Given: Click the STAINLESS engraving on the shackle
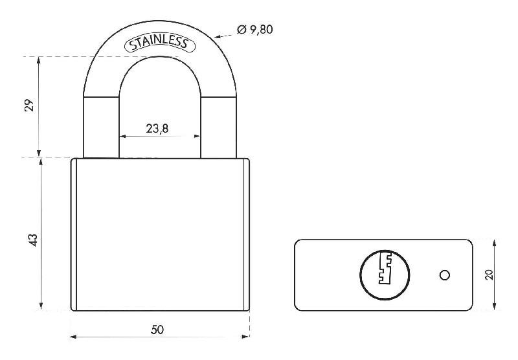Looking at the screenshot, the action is (x=160, y=43).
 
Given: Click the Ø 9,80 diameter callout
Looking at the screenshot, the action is (x=255, y=29).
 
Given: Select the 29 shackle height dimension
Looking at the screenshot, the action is (x=30, y=105).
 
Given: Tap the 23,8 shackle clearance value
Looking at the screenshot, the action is (x=157, y=128).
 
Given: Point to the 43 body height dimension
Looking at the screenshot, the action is (x=33, y=240).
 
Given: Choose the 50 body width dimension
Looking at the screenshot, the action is (x=157, y=330).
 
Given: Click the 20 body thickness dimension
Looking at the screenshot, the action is (x=489, y=275).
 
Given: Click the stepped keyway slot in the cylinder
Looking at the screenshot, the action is (x=385, y=268).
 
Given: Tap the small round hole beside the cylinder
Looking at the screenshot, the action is (x=445, y=275).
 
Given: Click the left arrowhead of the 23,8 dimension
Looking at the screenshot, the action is (x=122, y=136).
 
